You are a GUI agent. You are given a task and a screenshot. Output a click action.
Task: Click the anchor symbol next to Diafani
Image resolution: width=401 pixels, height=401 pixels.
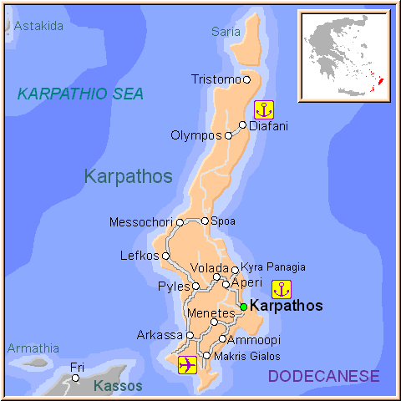264,109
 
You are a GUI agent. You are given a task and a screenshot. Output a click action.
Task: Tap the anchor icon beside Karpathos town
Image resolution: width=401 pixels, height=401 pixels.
282,290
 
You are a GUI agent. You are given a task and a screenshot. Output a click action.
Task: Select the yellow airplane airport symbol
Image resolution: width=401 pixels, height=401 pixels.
188,365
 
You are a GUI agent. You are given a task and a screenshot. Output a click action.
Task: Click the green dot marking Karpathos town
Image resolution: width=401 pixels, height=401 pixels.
243,307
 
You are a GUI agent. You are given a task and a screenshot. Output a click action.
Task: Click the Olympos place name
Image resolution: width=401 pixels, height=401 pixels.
196,135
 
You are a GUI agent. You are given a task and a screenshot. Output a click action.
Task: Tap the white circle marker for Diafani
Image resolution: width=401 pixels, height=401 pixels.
243,125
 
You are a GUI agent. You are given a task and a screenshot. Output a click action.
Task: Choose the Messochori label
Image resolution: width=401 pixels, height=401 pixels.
142,222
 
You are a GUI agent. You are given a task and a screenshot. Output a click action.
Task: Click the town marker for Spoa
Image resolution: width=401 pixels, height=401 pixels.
205,221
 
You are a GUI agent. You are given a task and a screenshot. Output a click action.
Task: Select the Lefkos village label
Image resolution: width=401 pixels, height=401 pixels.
140,256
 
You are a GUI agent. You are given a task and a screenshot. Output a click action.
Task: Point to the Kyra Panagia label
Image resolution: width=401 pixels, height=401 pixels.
273,267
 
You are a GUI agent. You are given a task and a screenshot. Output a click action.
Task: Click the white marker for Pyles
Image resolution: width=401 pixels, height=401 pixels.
195,286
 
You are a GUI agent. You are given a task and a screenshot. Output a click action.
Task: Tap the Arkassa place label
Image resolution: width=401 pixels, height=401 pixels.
160,335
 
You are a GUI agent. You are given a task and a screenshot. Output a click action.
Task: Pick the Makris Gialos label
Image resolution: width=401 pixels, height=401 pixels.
247,356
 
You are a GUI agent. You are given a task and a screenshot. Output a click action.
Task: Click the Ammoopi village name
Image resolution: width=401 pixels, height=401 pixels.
255,340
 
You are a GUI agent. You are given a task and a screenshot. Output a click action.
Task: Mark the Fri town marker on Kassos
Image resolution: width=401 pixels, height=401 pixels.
75,378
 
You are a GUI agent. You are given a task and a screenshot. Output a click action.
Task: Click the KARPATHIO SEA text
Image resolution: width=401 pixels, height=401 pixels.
80,94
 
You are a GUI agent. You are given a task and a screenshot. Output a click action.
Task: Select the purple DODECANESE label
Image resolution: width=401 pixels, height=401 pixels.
323,377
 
